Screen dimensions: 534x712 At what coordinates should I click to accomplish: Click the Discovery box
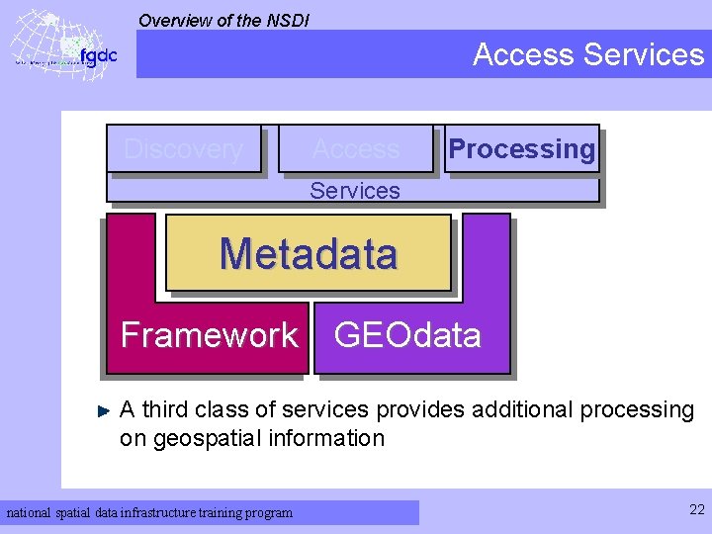pos(184,149)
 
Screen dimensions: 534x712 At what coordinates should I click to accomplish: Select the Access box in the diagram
pos(356,149)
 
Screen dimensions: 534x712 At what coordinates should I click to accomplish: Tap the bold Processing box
pos(521,149)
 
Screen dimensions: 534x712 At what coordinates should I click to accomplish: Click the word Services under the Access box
pos(354,191)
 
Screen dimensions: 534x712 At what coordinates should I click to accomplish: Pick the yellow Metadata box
pos(309,254)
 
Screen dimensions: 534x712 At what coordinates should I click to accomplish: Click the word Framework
pos(209,335)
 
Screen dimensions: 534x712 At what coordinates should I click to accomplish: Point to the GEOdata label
pos(407,335)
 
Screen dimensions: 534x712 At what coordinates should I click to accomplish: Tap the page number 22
pos(695,509)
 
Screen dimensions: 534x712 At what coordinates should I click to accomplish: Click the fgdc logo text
pos(98,55)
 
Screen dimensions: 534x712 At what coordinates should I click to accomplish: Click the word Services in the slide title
pos(644,54)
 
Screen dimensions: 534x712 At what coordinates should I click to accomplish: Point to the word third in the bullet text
pos(168,409)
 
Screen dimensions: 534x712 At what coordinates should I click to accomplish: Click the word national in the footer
pos(29,512)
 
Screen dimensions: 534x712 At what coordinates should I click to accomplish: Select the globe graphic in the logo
pos(44,44)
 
